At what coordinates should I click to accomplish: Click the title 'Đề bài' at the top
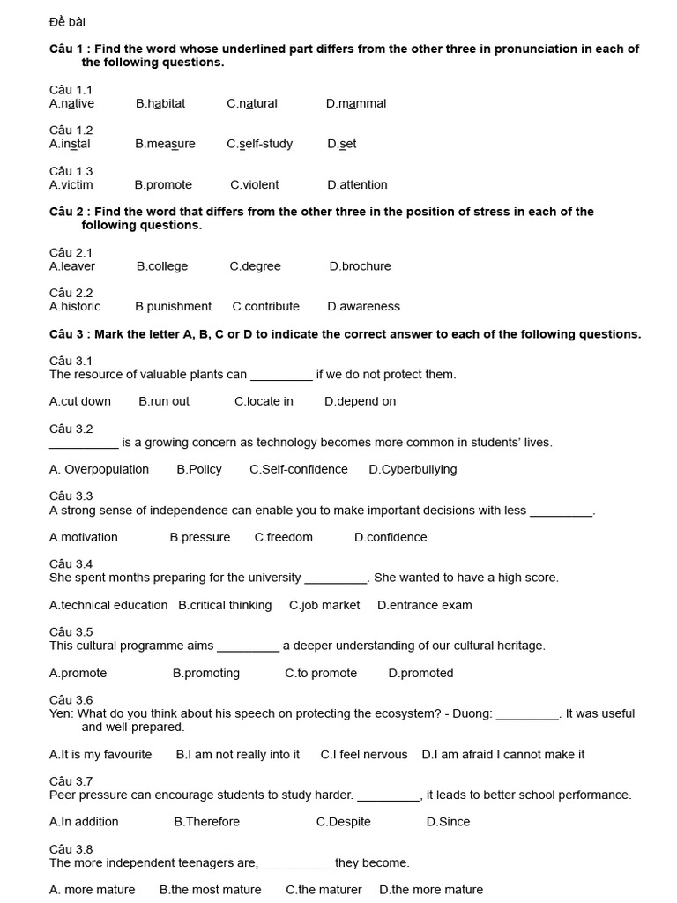(x=67, y=21)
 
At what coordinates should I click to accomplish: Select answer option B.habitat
(x=160, y=103)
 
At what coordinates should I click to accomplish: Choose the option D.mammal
(x=356, y=103)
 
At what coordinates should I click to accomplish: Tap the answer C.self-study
(x=259, y=144)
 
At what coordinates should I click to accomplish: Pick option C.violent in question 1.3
(x=255, y=184)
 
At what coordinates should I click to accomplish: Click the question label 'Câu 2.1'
(x=71, y=252)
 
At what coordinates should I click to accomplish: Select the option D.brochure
(x=360, y=266)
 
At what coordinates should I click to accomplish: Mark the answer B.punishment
(x=173, y=307)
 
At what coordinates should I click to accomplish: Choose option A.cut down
(x=80, y=401)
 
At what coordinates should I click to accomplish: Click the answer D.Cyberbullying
(x=413, y=469)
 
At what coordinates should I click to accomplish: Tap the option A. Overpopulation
(x=99, y=469)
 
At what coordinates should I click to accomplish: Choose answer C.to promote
(x=321, y=673)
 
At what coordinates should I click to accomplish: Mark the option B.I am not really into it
(x=238, y=754)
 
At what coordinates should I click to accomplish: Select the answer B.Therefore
(x=206, y=822)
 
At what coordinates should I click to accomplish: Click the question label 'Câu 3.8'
(x=71, y=849)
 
